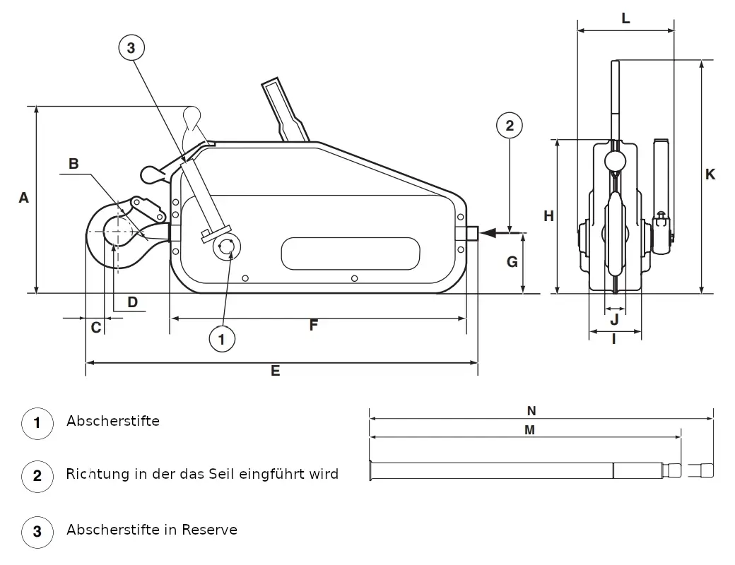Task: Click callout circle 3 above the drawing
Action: point(131,47)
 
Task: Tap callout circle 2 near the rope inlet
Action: point(510,125)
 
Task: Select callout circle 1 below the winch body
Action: point(222,339)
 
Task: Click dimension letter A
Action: point(23,198)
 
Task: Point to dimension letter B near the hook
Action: point(73,164)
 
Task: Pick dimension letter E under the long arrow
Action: point(275,371)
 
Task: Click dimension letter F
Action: point(314,325)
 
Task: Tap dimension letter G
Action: point(512,262)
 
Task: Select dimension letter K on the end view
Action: point(710,174)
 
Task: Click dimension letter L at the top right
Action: point(625,18)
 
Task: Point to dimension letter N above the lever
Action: point(531,411)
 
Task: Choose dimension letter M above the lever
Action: point(529,429)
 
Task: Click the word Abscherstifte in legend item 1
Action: point(113,421)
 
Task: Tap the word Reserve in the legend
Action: point(209,530)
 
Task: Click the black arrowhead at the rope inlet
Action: point(488,232)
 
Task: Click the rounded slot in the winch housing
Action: point(350,254)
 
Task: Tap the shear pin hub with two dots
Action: point(227,247)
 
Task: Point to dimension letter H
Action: point(548,216)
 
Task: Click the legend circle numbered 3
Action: point(37,531)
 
